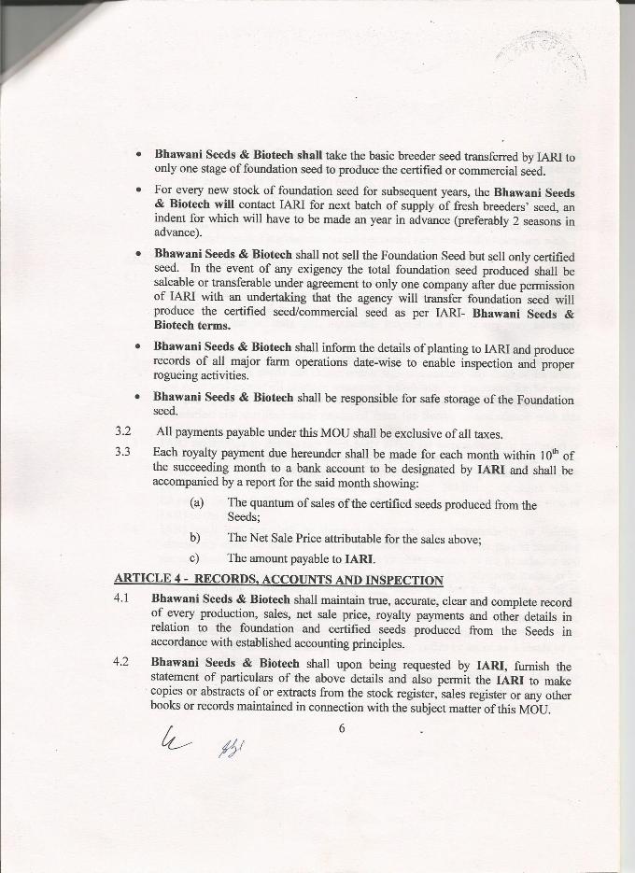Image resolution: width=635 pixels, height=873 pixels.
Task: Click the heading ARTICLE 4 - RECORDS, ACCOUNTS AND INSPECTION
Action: tap(278, 581)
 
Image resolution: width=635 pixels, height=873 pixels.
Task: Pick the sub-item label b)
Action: tap(195, 538)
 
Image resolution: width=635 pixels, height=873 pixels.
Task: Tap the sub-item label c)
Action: tap(195, 559)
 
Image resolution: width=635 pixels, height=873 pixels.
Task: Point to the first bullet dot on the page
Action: tap(138, 153)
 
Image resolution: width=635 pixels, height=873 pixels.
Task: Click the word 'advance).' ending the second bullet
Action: tap(176, 234)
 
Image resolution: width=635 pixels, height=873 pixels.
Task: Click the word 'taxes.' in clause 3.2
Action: tap(487, 433)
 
